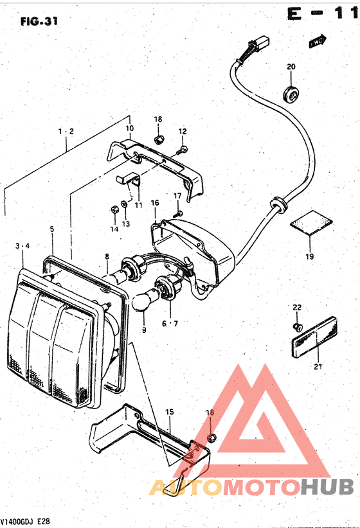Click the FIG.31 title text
pos(39,22)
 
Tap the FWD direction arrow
pos(318,41)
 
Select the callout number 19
pos(309,256)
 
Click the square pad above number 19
pos(311,223)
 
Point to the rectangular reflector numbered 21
pos(314,337)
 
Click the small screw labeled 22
pos(297,326)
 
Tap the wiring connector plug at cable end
pos(258,44)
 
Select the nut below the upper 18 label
pos(157,139)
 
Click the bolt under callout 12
pos(182,150)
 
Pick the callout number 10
pos(130,128)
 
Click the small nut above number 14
pos(114,210)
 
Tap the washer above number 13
pos(124,204)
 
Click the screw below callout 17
pos(177,213)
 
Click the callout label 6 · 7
pos(170,324)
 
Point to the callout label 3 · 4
pos(22,246)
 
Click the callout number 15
pos(170,412)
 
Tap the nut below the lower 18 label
pos(211,438)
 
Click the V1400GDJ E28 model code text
pos(25,522)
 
